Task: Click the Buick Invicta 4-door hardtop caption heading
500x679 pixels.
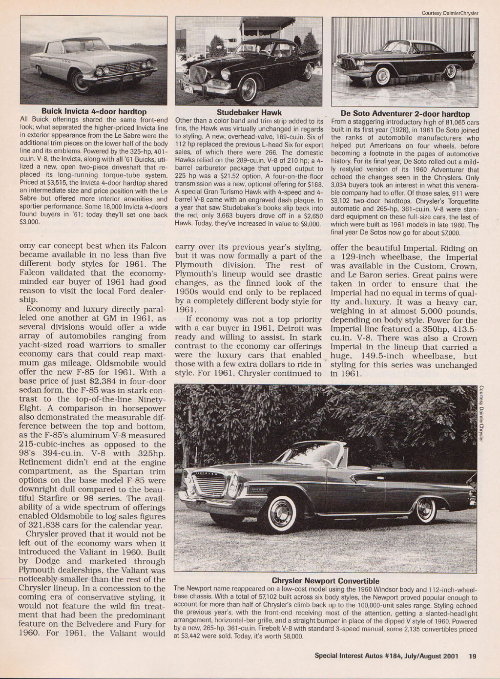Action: point(94,112)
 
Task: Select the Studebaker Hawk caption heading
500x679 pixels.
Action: point(249,112)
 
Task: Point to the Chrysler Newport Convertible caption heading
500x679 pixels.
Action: point(325,581)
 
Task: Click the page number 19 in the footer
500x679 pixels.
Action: point(472,656)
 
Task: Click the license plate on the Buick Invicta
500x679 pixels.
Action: point(127,78)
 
